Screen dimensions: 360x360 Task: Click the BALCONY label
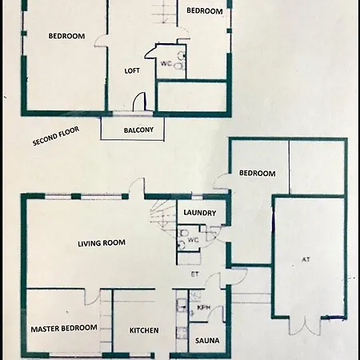click(138, 130)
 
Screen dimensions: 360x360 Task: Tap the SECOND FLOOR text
click(56, 136)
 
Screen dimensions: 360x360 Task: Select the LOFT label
click(132, 70)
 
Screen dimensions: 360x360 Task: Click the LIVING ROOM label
click(102, 243)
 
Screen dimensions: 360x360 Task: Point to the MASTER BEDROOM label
click(64, 328)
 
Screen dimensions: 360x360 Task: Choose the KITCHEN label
click(144, 330)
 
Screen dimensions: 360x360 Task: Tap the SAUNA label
click(207, 341)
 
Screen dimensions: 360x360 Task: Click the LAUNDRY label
click(200, 213)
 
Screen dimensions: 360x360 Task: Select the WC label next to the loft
click(166, 64)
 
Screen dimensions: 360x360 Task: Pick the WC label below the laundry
click(194, 240)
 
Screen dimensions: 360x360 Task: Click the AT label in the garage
click(306, 259)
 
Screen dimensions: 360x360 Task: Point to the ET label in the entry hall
click(195, 274)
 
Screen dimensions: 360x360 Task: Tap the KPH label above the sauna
click(204, 307)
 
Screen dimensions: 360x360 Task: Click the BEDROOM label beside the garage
click(258, 173)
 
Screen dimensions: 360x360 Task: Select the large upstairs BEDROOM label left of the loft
click(66, 36)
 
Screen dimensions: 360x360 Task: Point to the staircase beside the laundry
click(162, 218)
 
